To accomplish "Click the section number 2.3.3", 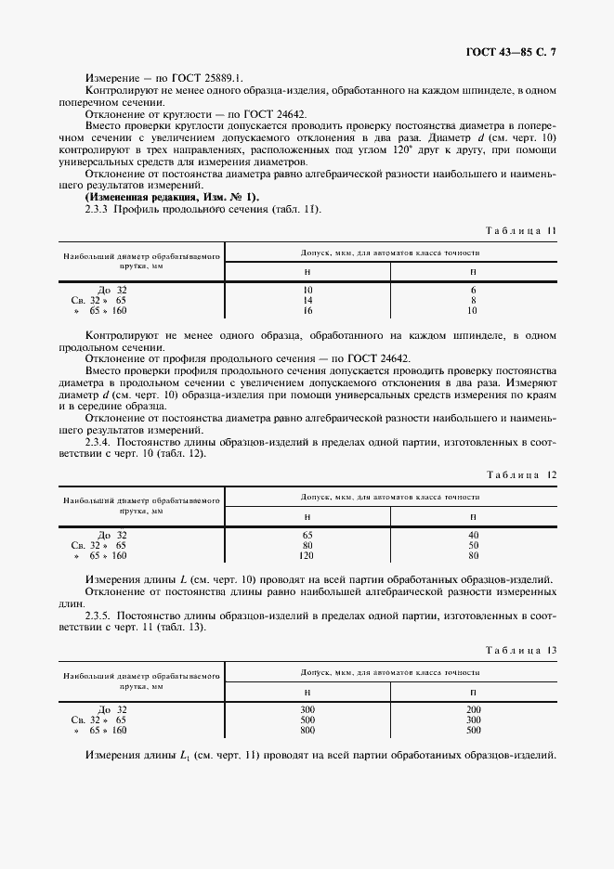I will coord(98,209).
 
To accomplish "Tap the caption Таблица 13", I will coord(521,649).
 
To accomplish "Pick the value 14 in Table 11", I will coord(307,301).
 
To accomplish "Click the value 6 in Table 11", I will coord(473,291).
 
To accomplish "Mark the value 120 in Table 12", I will coord(307,556).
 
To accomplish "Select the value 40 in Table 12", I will coord(473,535).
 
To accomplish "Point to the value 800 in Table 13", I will coord(307,731).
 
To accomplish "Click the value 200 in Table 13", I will coord(473,709).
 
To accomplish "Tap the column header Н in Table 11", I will coord(307,271).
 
